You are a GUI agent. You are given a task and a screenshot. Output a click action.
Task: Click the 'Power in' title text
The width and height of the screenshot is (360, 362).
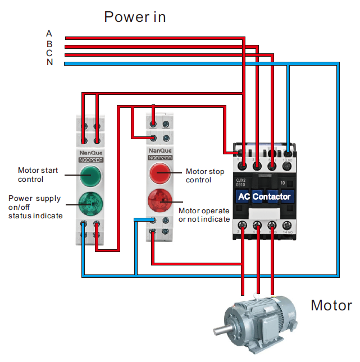tap(135, 17)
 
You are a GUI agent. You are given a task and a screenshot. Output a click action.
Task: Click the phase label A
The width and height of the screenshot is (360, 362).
tap(49, 34)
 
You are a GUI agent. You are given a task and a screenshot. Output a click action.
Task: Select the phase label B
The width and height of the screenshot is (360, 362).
tap(49, 44)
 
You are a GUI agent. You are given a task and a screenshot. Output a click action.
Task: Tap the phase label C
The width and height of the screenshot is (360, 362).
tap(49, 53)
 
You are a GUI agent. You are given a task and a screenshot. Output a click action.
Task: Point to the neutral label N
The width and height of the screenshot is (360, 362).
tap(49, 62)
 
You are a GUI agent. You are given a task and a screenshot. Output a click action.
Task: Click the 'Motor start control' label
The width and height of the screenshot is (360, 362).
tap(39, 175)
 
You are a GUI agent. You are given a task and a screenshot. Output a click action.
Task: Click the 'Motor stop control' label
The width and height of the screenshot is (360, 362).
tap(205, 176)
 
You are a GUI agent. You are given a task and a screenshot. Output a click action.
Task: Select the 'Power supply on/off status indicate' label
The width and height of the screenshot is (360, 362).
tap(35, 207)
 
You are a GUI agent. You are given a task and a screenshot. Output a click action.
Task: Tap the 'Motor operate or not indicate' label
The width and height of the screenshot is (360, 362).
tap(204, 214)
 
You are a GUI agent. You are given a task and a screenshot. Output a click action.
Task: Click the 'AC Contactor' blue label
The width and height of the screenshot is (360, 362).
tap(264, 196)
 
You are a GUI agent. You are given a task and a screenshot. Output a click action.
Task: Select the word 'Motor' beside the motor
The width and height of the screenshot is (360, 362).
tap(331, 306)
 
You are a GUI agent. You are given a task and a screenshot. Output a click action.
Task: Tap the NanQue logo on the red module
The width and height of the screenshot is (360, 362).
tap(160, 151)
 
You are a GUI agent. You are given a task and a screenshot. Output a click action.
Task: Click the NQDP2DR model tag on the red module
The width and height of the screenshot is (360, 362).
tap(160, 158)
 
